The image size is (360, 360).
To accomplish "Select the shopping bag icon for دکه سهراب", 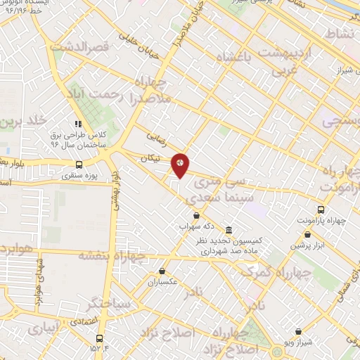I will click(x=196, y=216).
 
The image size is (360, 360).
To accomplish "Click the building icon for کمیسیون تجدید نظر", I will click(x=229, y=230).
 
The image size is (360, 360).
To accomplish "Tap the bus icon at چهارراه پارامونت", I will click(x=321, y=210).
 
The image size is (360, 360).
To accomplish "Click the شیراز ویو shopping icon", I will click(x=298, y=331).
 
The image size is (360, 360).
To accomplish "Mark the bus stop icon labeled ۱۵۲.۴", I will click(x=98, y=338).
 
